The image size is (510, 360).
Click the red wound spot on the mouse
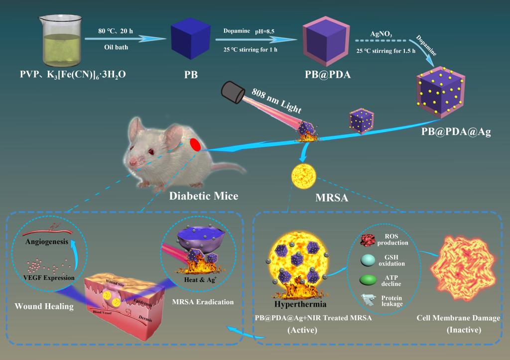tap(195, 144)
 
